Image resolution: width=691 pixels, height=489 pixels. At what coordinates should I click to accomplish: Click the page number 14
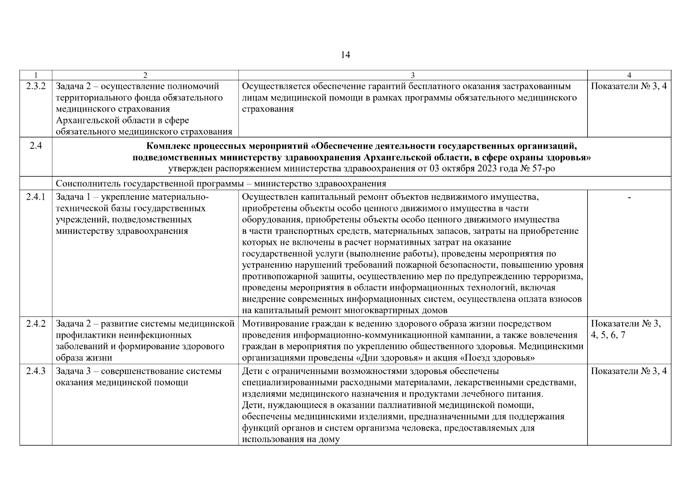(x=345, y=55)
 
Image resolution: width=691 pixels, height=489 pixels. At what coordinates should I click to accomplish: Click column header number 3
(x=412, y=75)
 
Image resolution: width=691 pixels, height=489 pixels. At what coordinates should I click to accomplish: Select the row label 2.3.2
(x=36, y=86)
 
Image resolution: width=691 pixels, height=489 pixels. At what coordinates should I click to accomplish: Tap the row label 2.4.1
(x=36, y=197)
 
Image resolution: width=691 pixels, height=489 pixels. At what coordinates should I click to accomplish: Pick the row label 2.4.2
(x=36, y=324)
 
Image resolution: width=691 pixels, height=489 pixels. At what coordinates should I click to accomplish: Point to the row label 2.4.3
(x=36, y=371)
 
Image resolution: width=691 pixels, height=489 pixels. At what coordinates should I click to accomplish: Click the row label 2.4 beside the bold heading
(x=36, y=145)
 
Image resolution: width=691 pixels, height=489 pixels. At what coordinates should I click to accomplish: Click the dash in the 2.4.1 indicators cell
(x=629, y=198)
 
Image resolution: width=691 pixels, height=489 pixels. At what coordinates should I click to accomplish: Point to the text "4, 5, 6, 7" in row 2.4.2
(x=608, y=335)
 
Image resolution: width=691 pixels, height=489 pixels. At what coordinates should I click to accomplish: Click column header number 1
(x=36, y=75)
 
